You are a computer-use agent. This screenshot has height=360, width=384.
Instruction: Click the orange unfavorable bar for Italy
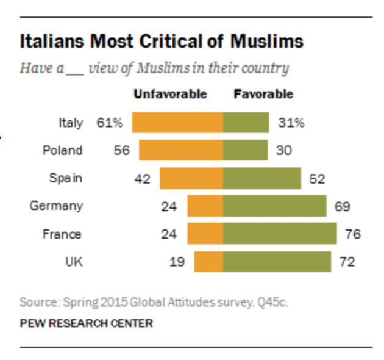click(177, 123)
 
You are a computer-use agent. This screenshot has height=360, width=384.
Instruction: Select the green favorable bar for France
click(280, 234)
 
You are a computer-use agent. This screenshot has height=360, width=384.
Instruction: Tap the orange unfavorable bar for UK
click(208, 262)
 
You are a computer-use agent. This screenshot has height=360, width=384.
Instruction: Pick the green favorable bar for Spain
click(261, 178)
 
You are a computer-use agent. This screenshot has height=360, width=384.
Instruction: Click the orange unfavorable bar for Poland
click(180, 150)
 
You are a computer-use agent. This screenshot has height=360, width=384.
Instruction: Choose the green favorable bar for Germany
click(275, 206)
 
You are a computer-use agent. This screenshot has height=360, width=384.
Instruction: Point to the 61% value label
click(110, 123)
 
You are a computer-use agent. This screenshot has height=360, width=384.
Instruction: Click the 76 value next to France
click(353, 234)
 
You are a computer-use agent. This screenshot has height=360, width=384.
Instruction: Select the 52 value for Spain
click(317, 179)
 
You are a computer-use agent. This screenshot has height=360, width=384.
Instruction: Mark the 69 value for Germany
click(343, 206)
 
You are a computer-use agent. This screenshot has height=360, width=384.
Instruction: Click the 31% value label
click(290, 123)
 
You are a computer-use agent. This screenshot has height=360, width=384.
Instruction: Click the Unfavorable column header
click(170, 94)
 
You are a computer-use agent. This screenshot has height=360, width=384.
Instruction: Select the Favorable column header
click(263, 94)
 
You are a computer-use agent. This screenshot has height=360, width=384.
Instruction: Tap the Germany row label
click(56, 206)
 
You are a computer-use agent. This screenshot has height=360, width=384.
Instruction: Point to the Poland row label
click(63, 150)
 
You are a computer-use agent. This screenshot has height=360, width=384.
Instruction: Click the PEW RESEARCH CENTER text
click(86, 323)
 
